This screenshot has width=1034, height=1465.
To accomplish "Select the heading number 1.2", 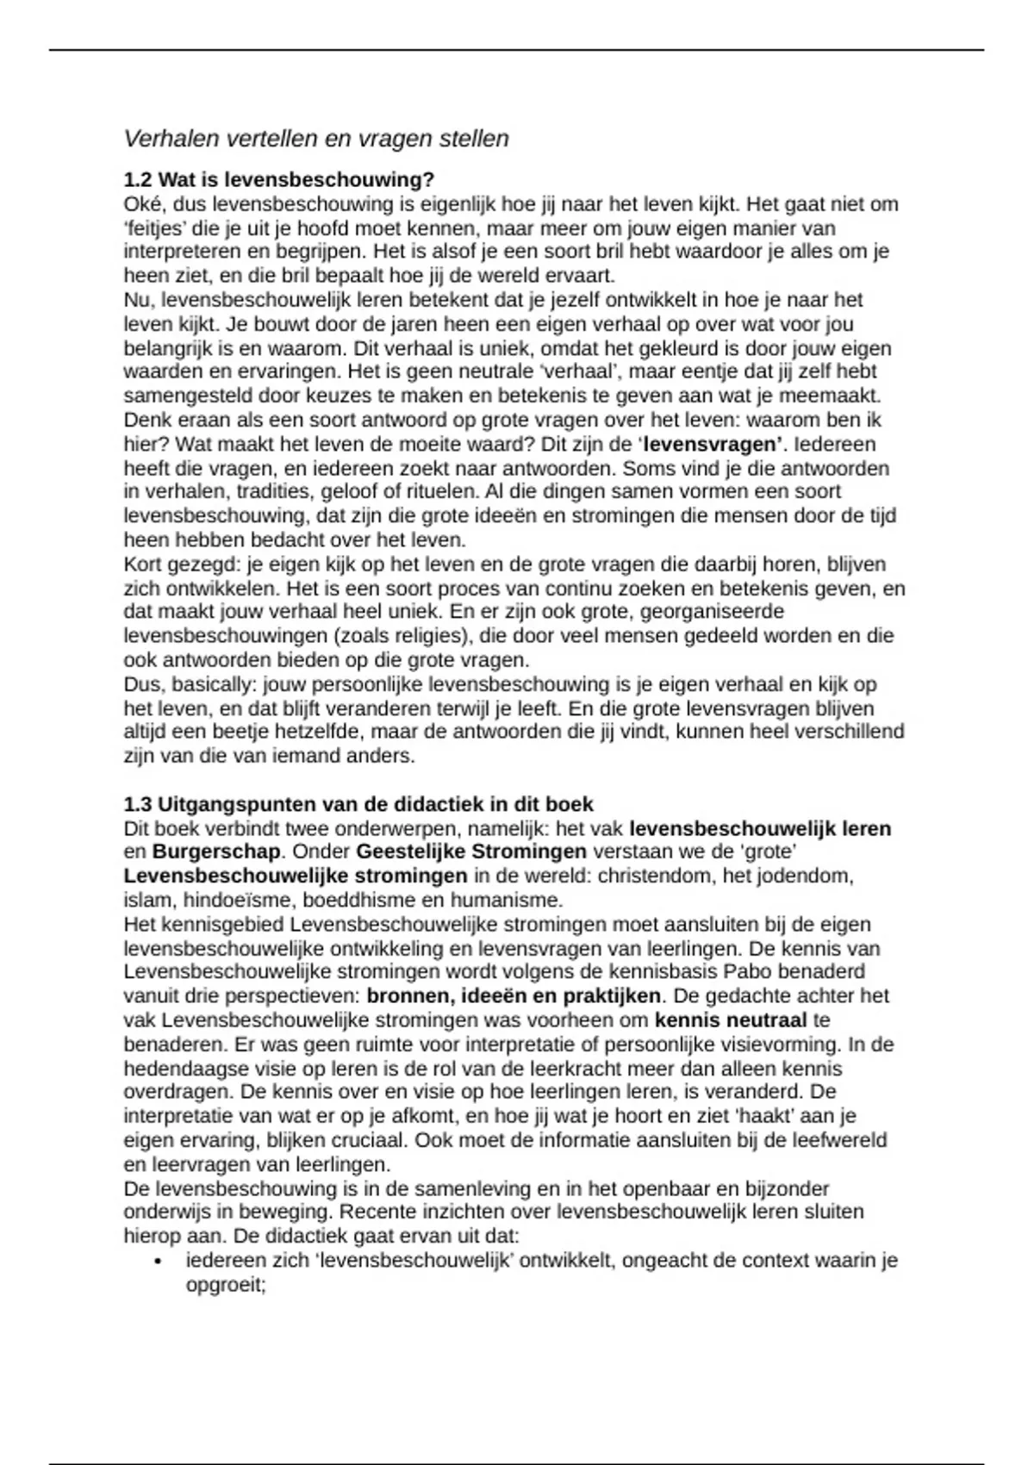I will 138,180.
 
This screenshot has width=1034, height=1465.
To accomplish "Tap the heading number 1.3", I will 138,804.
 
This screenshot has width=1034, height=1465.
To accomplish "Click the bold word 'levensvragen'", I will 711,445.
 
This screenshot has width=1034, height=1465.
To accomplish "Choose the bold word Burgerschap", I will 216,851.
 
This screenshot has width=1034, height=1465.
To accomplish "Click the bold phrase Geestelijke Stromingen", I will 471,851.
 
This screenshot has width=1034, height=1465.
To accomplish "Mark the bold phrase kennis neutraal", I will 731,1020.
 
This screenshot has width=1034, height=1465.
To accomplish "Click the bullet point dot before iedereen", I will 159,1262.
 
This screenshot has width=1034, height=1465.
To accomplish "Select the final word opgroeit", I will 223,1285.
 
